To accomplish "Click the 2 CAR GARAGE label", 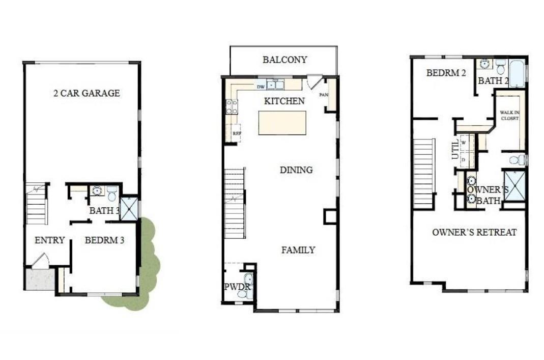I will coord(87,93).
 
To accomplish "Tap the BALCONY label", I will coord(284,60).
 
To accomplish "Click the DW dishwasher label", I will coord(260,87).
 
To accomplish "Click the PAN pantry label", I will coord(323,95).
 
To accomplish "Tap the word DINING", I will coord(296,170).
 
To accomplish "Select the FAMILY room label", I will coord(298,250).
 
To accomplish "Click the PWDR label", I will coord(234,287).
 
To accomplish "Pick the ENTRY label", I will coord(49,240).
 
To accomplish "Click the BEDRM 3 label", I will coord(104,240).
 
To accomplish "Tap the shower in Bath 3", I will coord(129,209).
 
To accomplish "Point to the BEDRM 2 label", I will coord(446,73).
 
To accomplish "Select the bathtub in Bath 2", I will coord(517,74).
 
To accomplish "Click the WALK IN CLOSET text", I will coord(509,115).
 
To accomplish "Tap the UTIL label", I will coord(455,149).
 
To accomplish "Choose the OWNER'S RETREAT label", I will coord(474,232).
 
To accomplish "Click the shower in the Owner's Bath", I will coord(514,186).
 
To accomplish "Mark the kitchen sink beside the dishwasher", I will coord(277,85).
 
